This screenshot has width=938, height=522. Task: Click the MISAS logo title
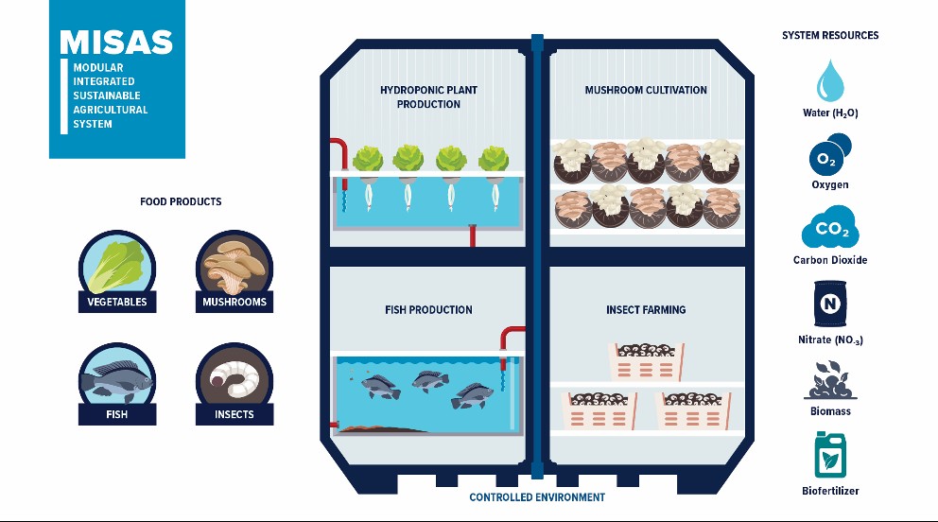pyautogui.click(x=116, y=43)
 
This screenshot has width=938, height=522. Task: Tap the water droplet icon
pyautogui.click(x=830, y=80)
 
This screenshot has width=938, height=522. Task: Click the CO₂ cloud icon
pyautogui.click(x=830, y=227)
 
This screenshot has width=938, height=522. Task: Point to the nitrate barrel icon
pyautogui.click(x=830, y=304)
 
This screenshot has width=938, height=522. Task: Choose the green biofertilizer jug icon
pyautogui.click(x=830, y=456)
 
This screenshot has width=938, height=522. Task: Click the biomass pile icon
pyautogui.click(x=830, y=380)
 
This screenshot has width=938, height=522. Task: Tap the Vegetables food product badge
pyautogui.click(x=117, y=270)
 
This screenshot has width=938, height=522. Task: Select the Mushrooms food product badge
pyautogui.click(x=234, y=270)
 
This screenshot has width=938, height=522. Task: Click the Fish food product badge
pyautogui.click(x=117, y=384)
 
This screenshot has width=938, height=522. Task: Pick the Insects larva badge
pyautogui.click(x=234, y=384)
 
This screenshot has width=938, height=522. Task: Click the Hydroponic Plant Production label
pyautogui.click(x=429, y=96)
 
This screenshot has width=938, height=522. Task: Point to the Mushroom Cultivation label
pyautogui.click(x=646, y=90)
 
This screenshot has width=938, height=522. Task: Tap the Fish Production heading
pyautogui.click(x=429, y=310)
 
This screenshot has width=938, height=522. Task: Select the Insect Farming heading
pyautogui.click(x=646, y=310)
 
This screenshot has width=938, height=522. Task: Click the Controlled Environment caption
pyautogui.click(x=537, y=496)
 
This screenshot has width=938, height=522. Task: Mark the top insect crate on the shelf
pyautogui.click(x=646, y=361)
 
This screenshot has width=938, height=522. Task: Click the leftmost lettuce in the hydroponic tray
pyautogui.click(x=367, y=159)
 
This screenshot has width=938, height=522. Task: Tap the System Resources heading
pyautogui.click(x=830, y=35)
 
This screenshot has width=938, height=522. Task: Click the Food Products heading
pyautogui.click(x=181, y=201)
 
